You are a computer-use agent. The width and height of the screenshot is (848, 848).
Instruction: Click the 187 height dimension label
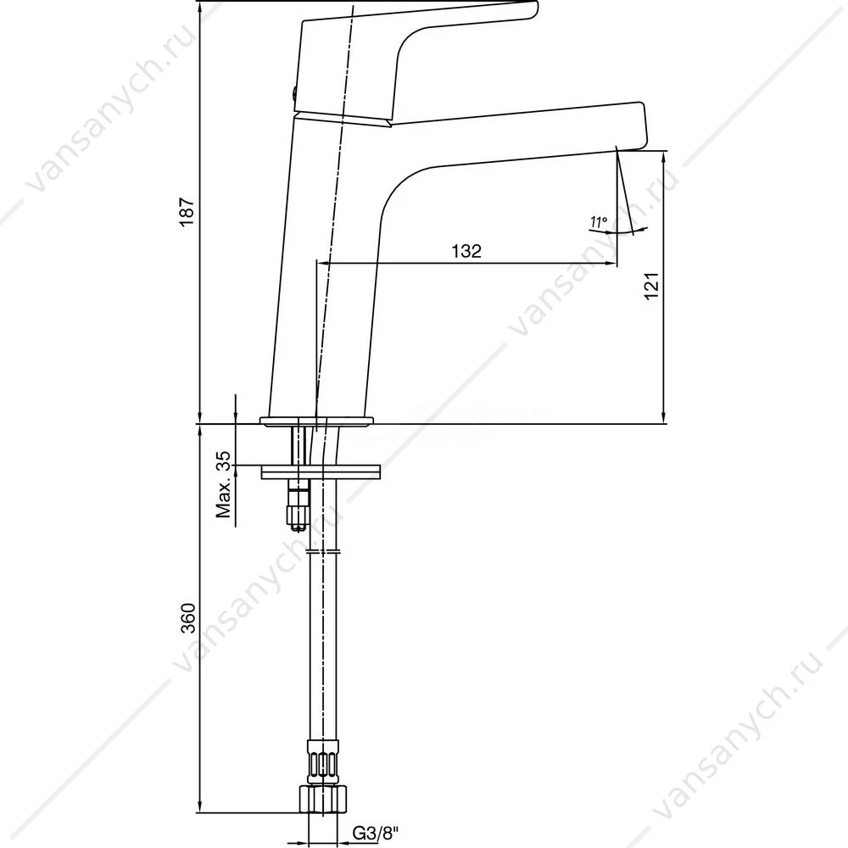click(187, 211)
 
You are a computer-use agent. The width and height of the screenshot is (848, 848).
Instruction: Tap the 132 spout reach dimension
click(466, 251)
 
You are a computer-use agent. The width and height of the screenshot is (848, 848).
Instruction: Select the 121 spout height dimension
click(651, 286)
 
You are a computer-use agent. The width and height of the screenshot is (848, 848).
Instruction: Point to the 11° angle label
click(599, 221)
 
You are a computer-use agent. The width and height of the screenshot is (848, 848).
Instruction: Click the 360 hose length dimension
click(187, 617)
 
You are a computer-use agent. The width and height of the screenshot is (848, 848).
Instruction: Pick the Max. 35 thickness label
click(223, 484)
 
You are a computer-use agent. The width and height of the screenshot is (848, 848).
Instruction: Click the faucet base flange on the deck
click(317, 421)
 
